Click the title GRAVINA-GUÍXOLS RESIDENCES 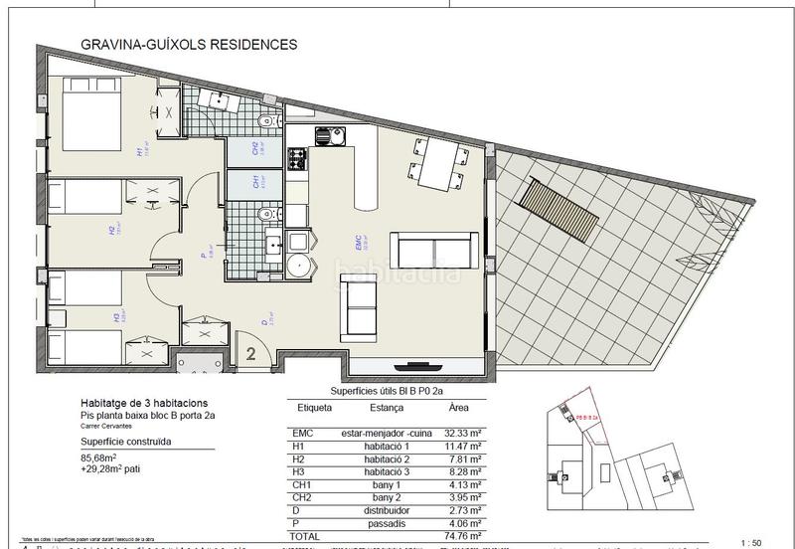click(x=187, y=45)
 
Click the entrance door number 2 click(x=252, y=352)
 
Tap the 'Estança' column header click(x=386, y=408)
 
